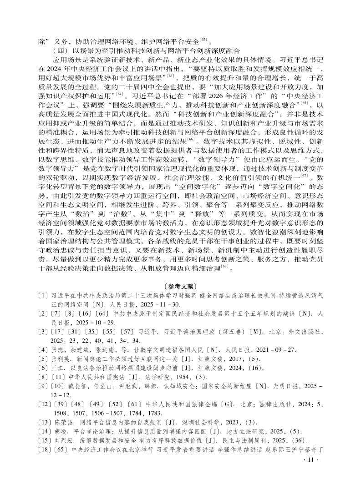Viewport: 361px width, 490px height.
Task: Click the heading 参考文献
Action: click(x=180, y=286)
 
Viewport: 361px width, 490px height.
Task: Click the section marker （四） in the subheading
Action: click(x=61, y=51)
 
